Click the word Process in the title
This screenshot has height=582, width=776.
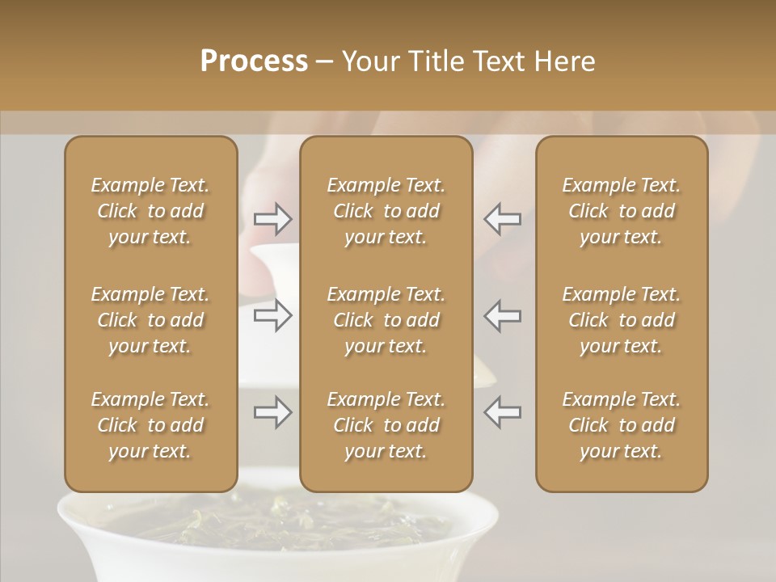pyautogui.click(x=254, y=61)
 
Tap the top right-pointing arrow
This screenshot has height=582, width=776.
pyautogui.click(x=273, y=219)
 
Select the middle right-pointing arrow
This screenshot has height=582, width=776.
pyautogui.click(x=273, y=315)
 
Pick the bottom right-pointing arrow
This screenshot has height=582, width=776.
pyautogui.click(x=273, y=413)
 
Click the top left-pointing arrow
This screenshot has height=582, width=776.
pyautogui.click(x=502, y=219)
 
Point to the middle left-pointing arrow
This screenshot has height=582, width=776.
pyautogui.click(x=502, y=315)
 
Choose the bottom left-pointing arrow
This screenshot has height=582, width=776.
pyautogui.click(x=502, y=413)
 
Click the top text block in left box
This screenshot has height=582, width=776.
pyautogui.click(x=150, y=211)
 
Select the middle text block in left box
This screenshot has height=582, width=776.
pyautogui.click(x=150, y=320)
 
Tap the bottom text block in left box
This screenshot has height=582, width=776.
pyautogui.click(x=150, y=425)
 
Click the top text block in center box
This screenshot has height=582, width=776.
pyautogui.click(x=386, y=211)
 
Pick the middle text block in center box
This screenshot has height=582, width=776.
pyautogui.click(x=386, y=320)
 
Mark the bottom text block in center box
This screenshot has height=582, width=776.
pyautogui.click(x=386, y=425)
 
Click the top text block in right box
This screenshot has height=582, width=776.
pyautogui.click(x=622, y=211)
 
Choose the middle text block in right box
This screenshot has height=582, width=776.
pyautogui.click(x=622, y=320)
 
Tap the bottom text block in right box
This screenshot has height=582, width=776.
pyautogui.click(x=622, y=425)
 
